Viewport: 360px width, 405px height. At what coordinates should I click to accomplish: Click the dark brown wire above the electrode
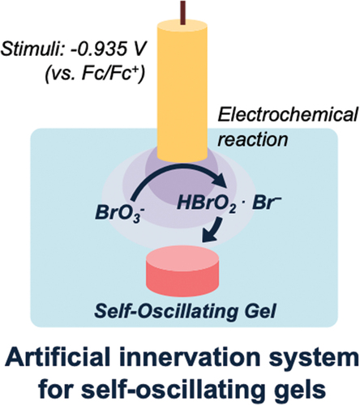(183, 12)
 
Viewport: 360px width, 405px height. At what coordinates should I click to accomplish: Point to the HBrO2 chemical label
(207, 204)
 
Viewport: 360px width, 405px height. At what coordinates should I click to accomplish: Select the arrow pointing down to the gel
(213, 230)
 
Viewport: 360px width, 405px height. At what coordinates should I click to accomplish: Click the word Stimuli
(31, 50)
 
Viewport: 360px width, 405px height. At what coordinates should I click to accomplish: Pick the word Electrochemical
(288, 115)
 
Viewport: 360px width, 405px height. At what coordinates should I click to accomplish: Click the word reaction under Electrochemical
(253, 140)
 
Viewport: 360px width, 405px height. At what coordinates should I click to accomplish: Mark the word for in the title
(55, 389)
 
